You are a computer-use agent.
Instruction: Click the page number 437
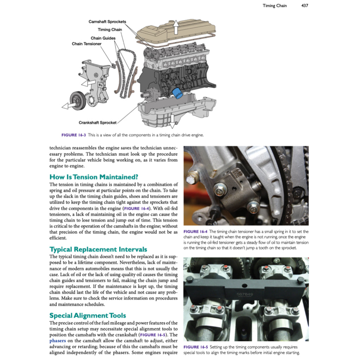click(304, 6)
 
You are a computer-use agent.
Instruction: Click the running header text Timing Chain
click(275, 6)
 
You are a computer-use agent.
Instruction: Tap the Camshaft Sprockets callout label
click(107, 22)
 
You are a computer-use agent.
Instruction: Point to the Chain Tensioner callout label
click(86, 44)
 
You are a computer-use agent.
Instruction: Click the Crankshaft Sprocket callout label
click(97, 123)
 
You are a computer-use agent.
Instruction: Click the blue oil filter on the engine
click(178, 94)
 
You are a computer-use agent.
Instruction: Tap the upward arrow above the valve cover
click(176, 27)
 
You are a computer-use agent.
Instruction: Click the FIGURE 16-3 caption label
click(73, 135)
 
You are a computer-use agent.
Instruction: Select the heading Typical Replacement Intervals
click(98, 249)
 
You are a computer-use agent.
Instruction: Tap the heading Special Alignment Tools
click(88, 315)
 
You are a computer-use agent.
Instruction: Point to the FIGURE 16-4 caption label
click(196, 231)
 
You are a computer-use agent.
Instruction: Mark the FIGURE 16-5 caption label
click(196, 347)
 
